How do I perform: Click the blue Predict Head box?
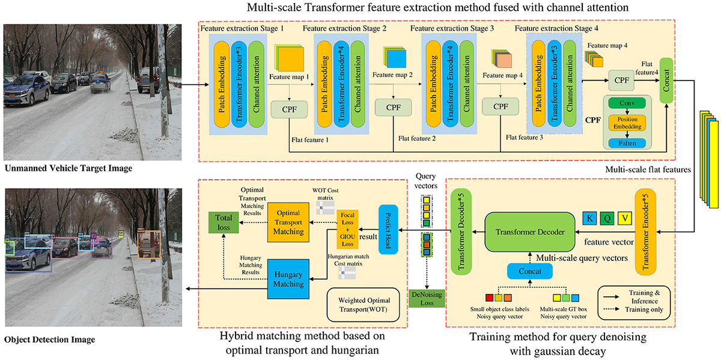pos(387,229)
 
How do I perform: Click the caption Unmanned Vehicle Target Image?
pos(68,169)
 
